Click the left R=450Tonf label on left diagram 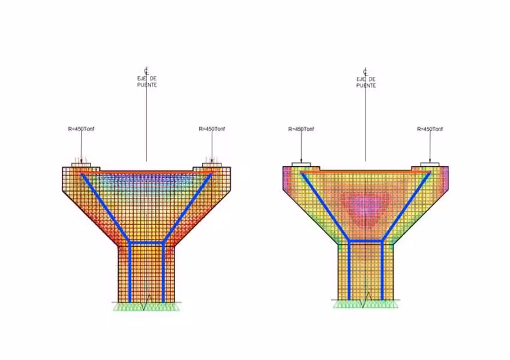click(81, 129)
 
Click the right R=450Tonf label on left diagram click(212, 129)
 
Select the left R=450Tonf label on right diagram click(301, 129)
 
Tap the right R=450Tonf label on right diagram click(430, 129)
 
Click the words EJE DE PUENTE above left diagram click(147, 82)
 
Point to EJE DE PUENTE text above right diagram click(366, 82)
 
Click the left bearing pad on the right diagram click(301, 164)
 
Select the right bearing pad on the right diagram click(430, 164)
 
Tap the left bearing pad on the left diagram click(82, 165)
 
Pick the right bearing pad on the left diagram click(212, 165)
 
